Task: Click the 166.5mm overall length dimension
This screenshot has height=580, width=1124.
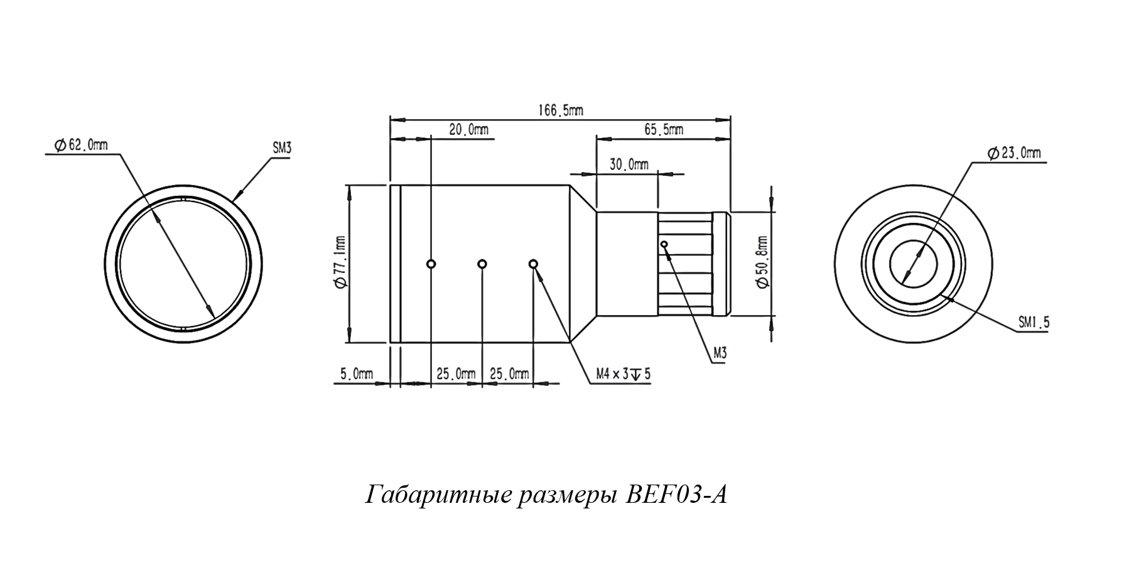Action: (560, 111)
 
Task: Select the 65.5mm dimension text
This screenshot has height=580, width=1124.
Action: (664, 131)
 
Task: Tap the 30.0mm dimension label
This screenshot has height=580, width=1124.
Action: (629, 165)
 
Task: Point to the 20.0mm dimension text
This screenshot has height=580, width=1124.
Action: (468, 131)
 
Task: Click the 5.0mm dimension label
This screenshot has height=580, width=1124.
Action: (357, 374)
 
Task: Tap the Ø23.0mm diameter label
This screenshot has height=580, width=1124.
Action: (1013, 153)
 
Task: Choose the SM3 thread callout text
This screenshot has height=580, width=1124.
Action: (282, 149)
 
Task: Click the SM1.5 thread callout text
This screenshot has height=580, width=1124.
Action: (1034, 323)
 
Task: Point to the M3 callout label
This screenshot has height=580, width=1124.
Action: (720, 354)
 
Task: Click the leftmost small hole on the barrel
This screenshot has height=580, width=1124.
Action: (431, 264)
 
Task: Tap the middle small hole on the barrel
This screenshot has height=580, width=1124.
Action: (482, 264)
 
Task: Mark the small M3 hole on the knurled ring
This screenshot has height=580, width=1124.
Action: (664, 244)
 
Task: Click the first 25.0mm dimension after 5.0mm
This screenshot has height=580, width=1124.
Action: (456, 374)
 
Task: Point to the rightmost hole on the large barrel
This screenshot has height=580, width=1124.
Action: (533, 264)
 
